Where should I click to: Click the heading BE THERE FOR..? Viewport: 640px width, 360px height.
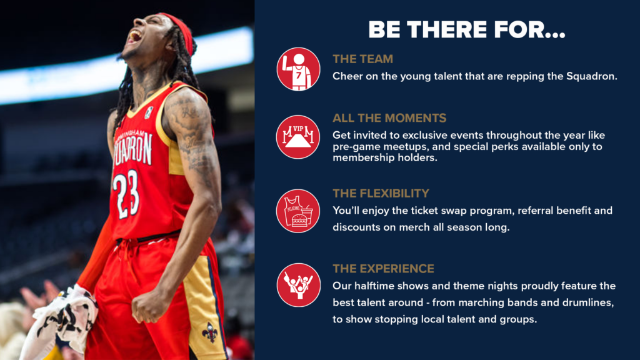[x=466, y=29]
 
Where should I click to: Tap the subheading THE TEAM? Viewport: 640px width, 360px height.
[x=363, y=59]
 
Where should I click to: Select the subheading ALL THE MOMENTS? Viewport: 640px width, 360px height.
[x=389, y=118]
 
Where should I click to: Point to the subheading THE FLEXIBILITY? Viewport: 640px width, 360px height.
[x=381, y=193]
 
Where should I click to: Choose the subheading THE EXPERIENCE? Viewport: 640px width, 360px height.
[x=383, y=269]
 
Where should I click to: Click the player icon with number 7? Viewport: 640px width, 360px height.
[x=298, y=69]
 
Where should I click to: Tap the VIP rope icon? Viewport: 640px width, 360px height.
[x=298, y=137]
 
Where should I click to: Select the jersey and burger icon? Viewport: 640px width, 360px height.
[x=298, y=211]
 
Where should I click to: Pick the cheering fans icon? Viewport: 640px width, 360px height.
[x=298, y=285]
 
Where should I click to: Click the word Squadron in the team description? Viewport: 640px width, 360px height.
[x=591, y=76]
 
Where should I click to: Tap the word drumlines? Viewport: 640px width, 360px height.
[x=587, y=302]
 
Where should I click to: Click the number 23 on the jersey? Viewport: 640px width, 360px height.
[x=126, y=194]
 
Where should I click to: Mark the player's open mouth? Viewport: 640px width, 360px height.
[x=134, y=37]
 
